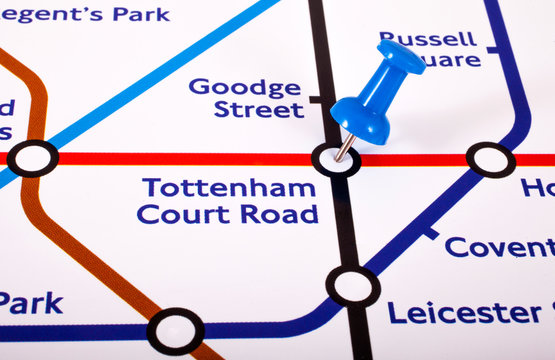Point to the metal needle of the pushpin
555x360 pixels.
343,148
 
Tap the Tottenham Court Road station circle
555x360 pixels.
335,160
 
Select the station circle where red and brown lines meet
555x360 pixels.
32,158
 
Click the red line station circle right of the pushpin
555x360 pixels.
490,159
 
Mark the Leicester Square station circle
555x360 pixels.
352,286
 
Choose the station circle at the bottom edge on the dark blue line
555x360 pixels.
175,331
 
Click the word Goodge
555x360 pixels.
245,87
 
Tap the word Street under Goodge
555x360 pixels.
258,109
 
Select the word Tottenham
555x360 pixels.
229,187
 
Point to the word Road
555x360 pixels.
281,214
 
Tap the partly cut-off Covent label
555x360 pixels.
499,247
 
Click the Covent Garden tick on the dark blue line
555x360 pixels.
430,233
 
